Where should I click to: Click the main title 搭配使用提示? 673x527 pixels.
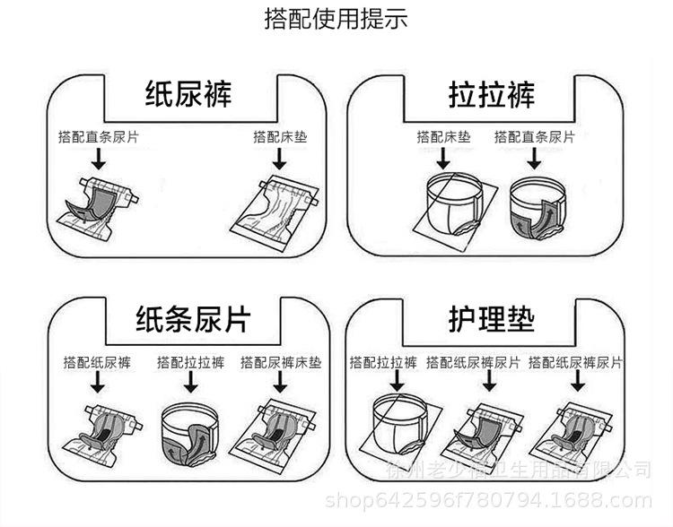pos(336,19)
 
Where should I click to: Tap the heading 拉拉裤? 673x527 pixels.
pos(492,94)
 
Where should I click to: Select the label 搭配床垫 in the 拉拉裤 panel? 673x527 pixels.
pos(443,137)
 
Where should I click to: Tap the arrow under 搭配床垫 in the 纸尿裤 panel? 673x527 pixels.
pos(280,159)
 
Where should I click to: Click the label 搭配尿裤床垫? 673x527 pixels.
pos(281,363)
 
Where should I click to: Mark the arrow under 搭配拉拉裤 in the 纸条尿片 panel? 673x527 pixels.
pos(190,384)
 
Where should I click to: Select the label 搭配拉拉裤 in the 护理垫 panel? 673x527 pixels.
pos(384,363)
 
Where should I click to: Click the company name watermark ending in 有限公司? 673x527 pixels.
pos(518,470)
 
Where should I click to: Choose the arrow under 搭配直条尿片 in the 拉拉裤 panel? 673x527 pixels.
pos(534,159)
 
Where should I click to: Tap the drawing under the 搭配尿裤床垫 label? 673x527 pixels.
pos(280,431)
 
